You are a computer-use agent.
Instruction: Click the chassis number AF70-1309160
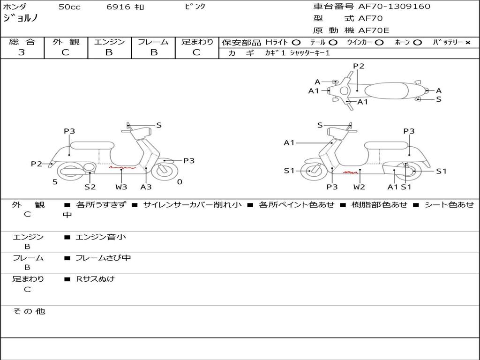pos(394,7)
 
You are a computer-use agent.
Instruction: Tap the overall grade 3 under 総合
pos(22,52)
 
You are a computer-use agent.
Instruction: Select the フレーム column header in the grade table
pos(153,42)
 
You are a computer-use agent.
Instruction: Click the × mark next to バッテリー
pos(468,43)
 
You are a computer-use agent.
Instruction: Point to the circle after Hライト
pos(296,43)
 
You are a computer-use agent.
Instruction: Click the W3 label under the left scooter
pos(121,187)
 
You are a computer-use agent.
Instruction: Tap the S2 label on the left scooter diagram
pos(90,187)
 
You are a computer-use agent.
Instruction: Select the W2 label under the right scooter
pos(359,187)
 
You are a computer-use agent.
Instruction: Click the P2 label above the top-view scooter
pos(359,66)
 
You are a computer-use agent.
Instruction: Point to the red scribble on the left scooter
pos(122,167)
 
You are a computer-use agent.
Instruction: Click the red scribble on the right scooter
pos(351,172)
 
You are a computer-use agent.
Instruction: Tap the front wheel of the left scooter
pos(165,171)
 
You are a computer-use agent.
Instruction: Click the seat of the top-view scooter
pos(386,90)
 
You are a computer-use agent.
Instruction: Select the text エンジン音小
pos(101,237)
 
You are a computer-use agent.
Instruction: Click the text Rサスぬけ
pos(95,279)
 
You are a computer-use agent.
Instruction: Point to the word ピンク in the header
pos(195,7)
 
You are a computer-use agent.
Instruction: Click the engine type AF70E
pos(374,30)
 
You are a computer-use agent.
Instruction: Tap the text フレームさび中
pos(103,258)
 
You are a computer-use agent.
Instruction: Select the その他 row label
pos(29,311)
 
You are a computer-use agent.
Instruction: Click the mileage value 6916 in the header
pos(118,7)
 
